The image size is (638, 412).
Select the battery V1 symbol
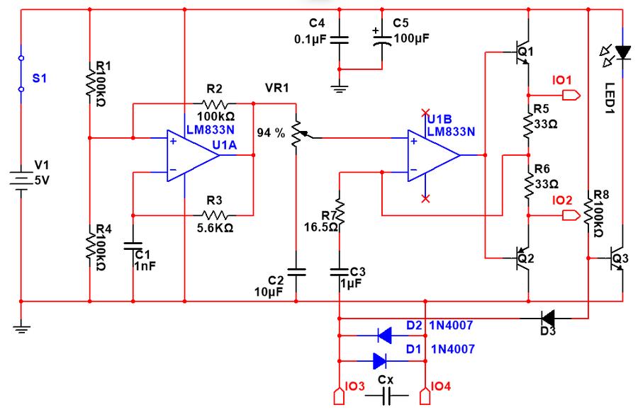click(x=21, y=176)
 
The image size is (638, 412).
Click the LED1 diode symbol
click(x=622, y=52)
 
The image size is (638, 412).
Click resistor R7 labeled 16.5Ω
click(x=340, y=213)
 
